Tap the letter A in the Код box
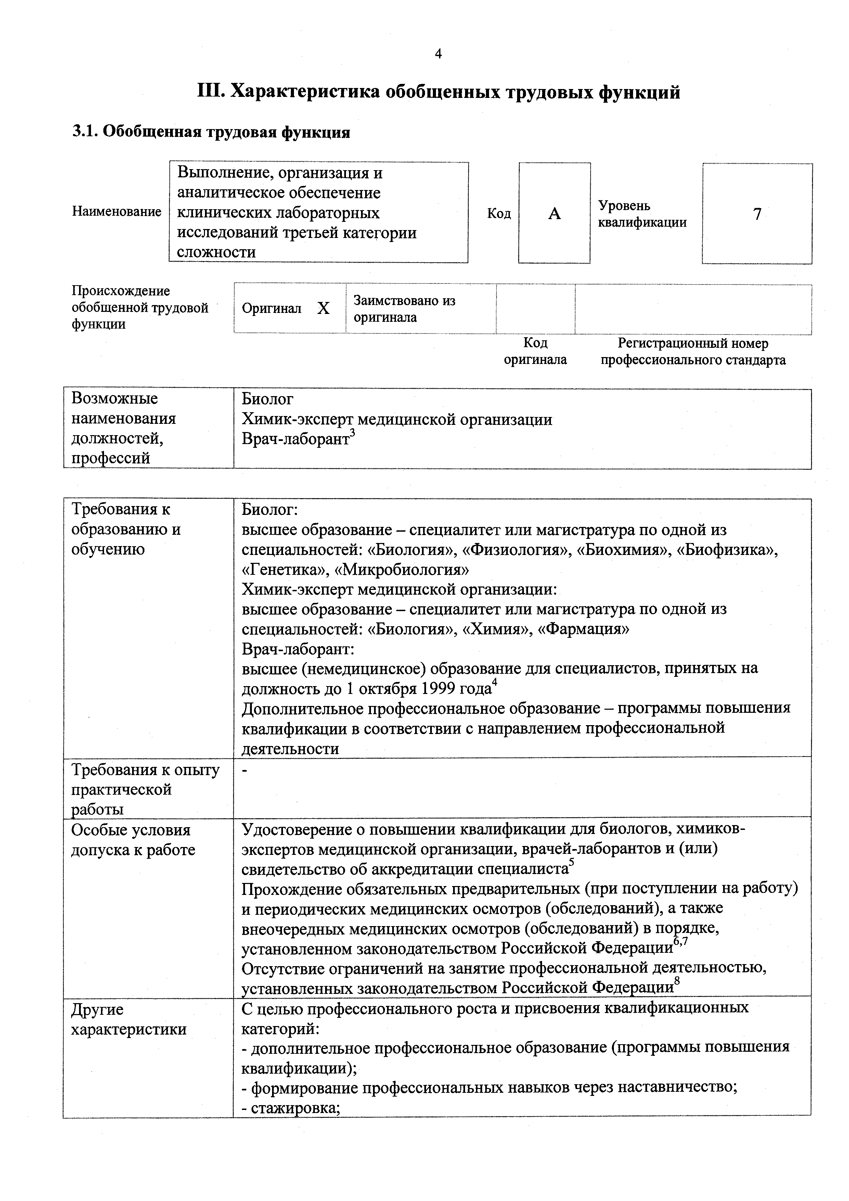(x=554, y=213)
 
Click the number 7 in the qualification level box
(x=757, y=214)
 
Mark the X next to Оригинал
(x=324, y=308)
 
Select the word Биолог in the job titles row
(x=267, y=399)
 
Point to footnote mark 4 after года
(x=494, y=682)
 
